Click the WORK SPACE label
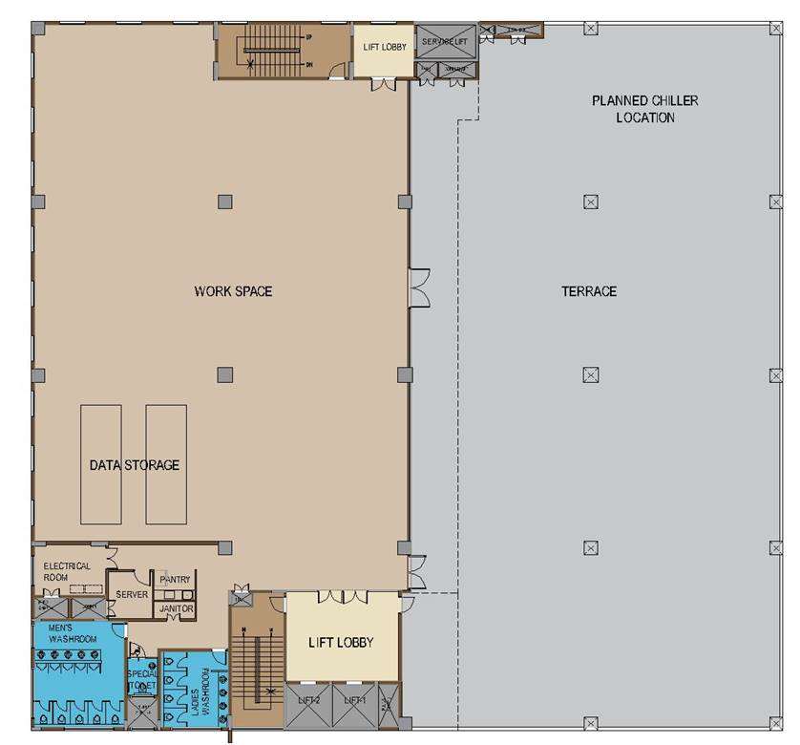[x=233, y=291]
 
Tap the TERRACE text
[x=588, y=291]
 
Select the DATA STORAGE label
[x=135, y=465]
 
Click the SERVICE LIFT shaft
[x=445, y=42]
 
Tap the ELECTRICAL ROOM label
[x=67, y=571]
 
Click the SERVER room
[x=132, y=594]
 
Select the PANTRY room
[x=176, y=580]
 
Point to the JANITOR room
[x=176, y=608]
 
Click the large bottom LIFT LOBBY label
[x=341, y=642]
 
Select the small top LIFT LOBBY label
[x=385, y=46]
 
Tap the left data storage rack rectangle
[x=101, y=464]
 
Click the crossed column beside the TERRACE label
[x=590, y=202]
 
